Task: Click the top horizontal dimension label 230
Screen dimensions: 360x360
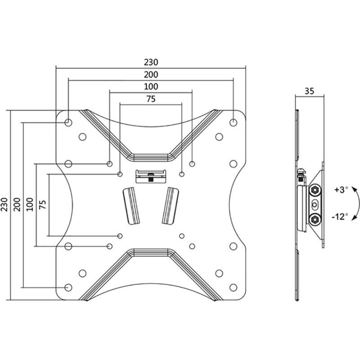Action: pos(151,62)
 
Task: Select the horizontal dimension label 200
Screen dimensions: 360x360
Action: pos(151,74)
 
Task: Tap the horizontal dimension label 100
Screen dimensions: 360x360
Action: pos(151,86)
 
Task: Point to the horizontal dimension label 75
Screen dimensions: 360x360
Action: pos(151,99)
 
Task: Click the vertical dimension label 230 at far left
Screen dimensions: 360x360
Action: pos(5,205)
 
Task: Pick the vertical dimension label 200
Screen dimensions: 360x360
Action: pos(18,205)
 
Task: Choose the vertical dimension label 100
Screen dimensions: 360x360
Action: pos(30,205)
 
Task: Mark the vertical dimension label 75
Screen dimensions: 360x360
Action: pos(43,205)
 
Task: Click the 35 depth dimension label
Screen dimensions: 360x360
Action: pos(309,91)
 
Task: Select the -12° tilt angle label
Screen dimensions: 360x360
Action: pos(340,216)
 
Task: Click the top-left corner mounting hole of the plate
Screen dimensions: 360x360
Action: pos(68,122)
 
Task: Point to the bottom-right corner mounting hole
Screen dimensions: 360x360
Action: pos(233,288)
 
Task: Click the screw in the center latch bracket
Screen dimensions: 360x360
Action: pos(151,177)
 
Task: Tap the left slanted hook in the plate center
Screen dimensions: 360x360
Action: pos(131,206)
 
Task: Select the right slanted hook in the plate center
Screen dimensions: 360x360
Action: pos(170,206)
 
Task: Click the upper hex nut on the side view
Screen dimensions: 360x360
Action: pos(315,190)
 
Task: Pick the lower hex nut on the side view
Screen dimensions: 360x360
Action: pos(315,220)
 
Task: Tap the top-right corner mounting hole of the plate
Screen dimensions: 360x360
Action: pos(233,122)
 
